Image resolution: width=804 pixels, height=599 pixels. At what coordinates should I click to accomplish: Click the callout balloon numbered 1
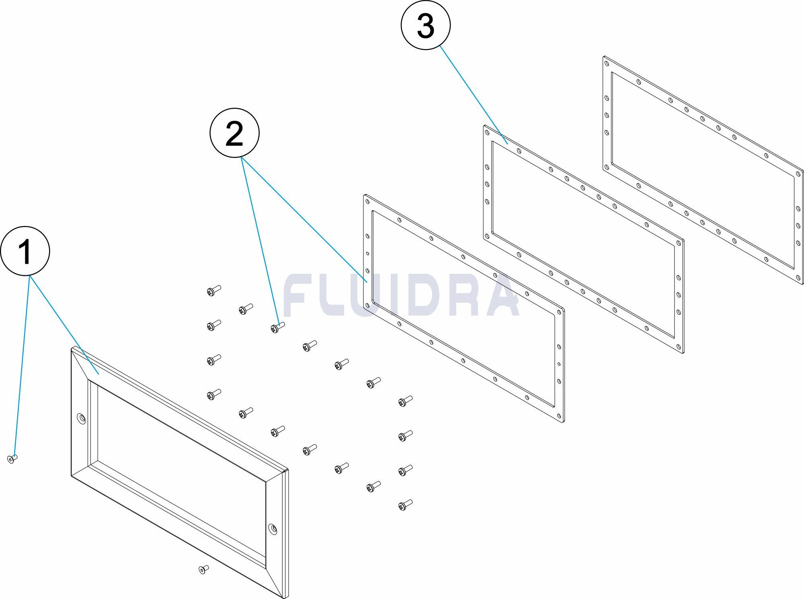[25, 251]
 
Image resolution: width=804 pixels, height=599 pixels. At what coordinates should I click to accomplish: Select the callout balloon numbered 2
[234, 133]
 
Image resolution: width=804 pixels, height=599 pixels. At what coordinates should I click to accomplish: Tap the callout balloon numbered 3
[425, 25]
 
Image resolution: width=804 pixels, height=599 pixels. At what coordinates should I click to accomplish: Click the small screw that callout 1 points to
[12, 458]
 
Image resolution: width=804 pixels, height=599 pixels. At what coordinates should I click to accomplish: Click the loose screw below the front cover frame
[204, 569]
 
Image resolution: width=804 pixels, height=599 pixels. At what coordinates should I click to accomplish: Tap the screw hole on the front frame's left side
[82, 418]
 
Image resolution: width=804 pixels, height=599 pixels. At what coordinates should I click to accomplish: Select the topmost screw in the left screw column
[214, 291]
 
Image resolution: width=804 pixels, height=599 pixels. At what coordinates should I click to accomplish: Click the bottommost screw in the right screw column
[405, 505]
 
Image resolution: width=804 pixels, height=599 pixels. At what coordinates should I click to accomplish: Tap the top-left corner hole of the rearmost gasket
[607, 64]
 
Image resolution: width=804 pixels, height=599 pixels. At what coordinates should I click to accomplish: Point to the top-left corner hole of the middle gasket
[487, 132]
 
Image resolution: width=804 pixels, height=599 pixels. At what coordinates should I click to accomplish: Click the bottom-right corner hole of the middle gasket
[679, 346]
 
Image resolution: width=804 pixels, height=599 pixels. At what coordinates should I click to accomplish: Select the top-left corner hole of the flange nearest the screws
[367, 202]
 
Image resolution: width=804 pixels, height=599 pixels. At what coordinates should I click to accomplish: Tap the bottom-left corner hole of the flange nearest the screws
[367, 305]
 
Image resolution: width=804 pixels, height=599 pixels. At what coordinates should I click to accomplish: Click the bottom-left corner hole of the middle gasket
[487, 236]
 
